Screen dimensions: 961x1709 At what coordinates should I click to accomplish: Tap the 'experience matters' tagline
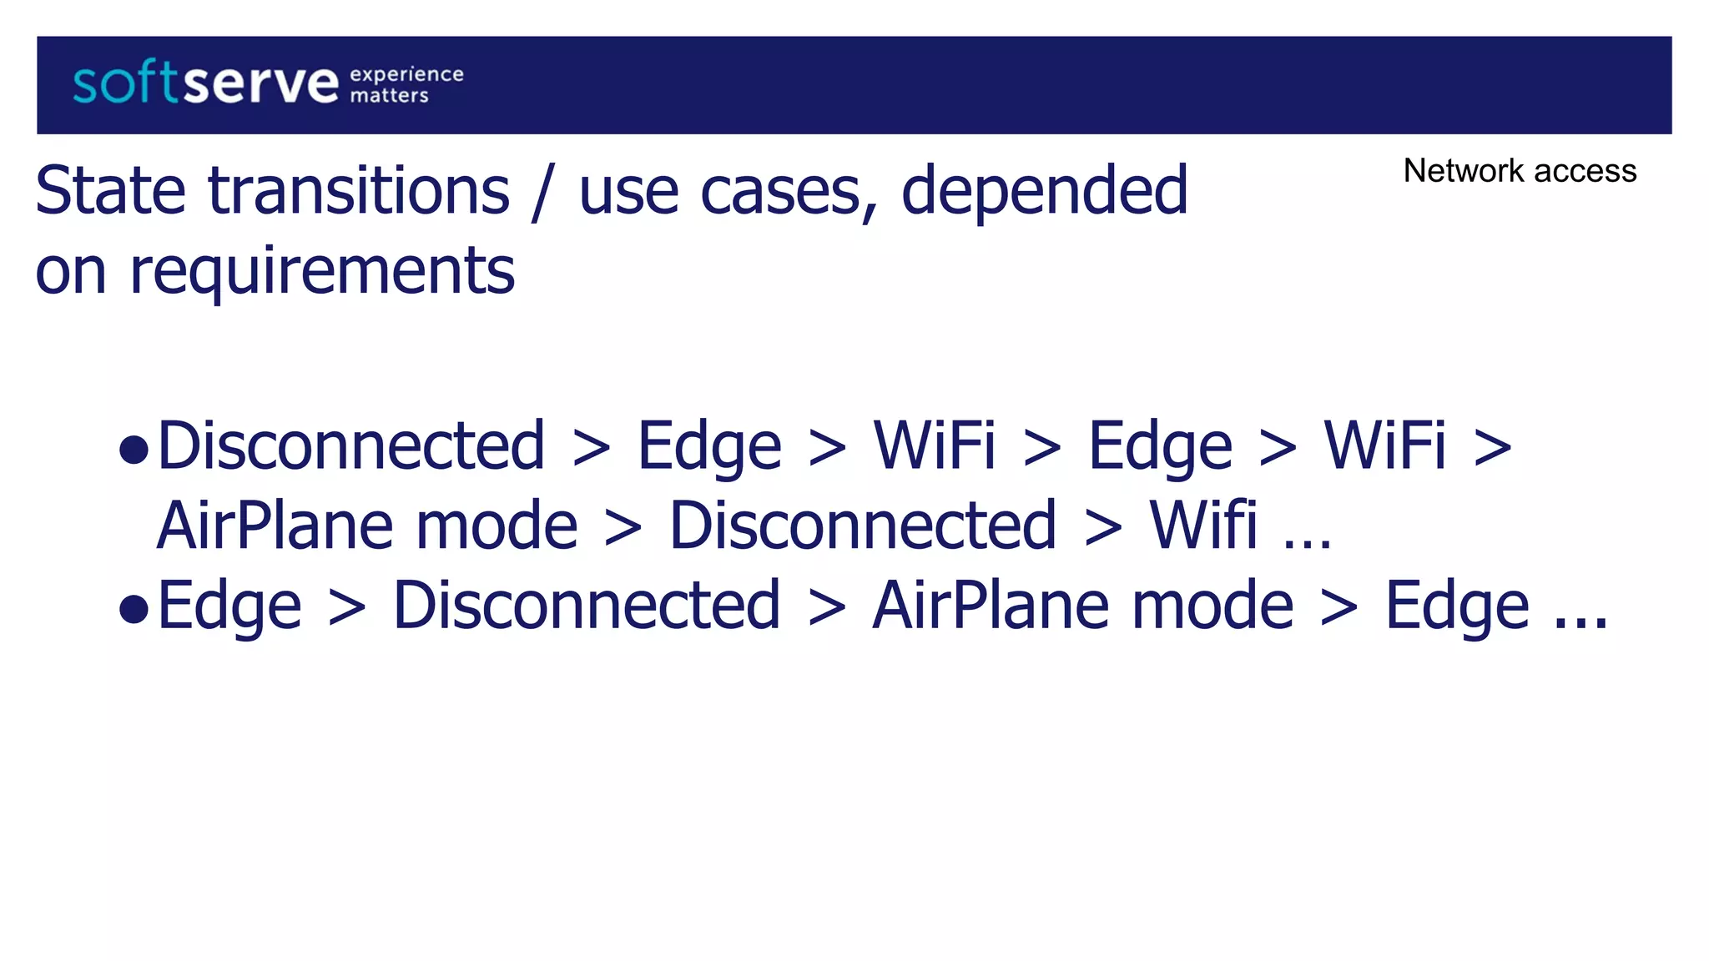click(406, 85)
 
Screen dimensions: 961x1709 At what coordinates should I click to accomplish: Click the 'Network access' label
click(1519, 171)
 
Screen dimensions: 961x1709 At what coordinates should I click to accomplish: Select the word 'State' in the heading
click(110, 191)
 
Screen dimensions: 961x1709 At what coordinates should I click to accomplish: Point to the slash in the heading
click(542, 194)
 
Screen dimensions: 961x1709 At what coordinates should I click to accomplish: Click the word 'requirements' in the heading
click(322, 272)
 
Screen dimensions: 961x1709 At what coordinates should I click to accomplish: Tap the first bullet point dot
click(134, 450)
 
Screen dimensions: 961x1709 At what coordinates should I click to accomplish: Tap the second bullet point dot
click(134, 610)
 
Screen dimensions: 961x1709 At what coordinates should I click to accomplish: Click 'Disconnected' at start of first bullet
click(351, 445)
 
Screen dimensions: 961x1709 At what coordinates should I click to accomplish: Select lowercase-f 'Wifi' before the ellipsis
click(1202, 525)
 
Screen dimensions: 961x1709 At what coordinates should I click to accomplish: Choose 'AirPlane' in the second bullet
click(991, 605)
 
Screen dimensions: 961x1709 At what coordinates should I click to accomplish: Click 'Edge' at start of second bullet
click(229, 606)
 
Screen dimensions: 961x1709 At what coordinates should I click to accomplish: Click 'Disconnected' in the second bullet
click(587, 605)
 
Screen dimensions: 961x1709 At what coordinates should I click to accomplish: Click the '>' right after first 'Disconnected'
click(592, 449)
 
